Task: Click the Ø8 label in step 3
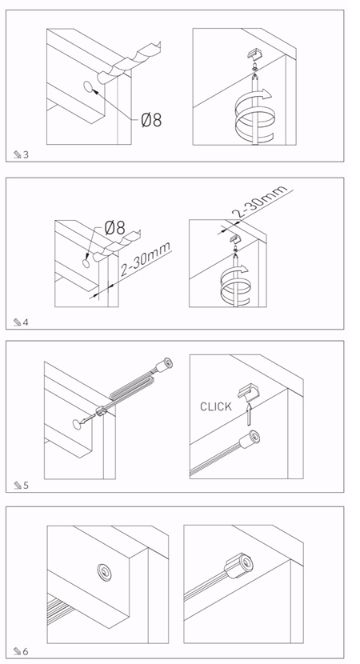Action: pyautogui.click(x=151, y=120)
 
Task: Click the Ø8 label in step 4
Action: pyautogui.click(x=114, y=228)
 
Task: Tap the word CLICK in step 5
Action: pyautogui.click(x=216, y=407)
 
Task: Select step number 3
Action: pyautogui.click(x=26, y=155)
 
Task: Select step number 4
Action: pyautogui.click(x=26, y=322)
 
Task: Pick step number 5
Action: pyautogui.click(x=26, y=486)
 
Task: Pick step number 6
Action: pyautogui.click(x=26, y=651)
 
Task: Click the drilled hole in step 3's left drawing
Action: pyautogui.click(x=89, y=88)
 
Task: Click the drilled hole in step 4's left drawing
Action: pyautogui.click(x=87, y=263)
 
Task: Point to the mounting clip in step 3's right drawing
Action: pyautogui.click(x=255, y=54)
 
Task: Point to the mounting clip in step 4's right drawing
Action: pyautogui.click(x=235, y=238)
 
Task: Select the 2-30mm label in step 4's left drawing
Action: pyautogui.click(x=146, y=258)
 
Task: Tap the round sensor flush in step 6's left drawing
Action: pyautogui.click(x=104, y=572)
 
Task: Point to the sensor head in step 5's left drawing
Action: pyautogui.click(x=163, y=365)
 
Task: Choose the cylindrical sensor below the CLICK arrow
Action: pyautogui.click(x=250, y=441)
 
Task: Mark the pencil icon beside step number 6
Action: pyautogui.click(x=18, y=651)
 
